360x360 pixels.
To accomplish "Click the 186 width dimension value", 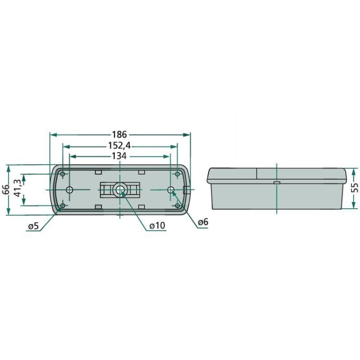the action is click(120, 134).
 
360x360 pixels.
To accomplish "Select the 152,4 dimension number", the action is click(120, 145).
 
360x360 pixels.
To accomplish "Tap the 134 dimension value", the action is click(119, 156).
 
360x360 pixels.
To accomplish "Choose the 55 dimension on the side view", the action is click(355, 188).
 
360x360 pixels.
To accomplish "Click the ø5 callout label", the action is click(33, 227).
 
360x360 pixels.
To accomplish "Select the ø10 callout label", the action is click(157, 226).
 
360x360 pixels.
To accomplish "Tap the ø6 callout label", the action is click(203, 222).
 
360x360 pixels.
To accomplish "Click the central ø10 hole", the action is click(119, 190).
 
